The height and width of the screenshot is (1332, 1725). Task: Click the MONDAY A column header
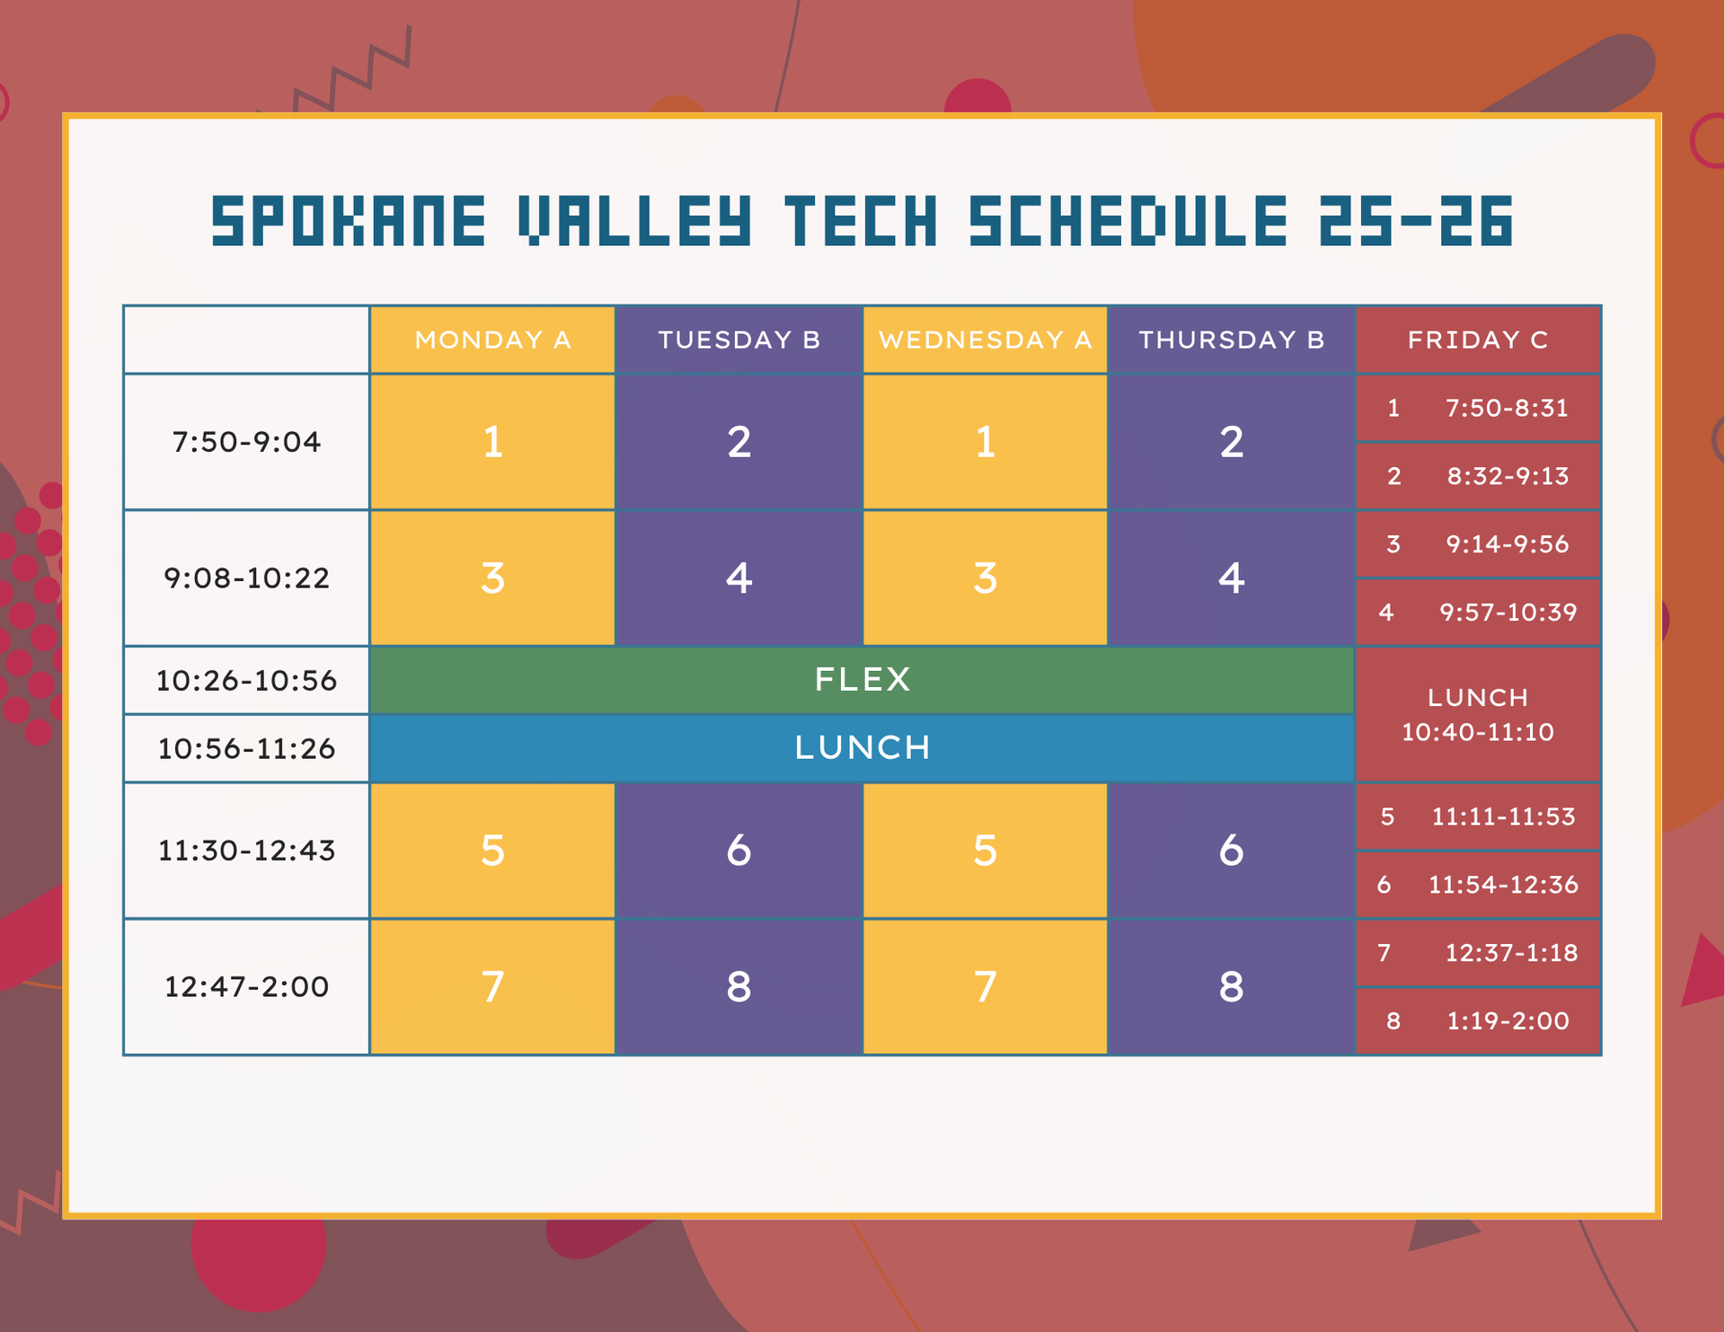(492, 340)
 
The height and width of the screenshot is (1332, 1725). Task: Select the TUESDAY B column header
(739, 340)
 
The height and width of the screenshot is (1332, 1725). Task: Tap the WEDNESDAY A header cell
(985, 340)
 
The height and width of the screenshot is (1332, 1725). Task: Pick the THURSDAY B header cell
(1231, 340)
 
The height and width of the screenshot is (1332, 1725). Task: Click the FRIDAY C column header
(1478, 340)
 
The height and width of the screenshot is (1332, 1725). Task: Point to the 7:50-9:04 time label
(246, 442)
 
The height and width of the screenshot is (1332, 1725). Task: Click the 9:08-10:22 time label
(246, 578)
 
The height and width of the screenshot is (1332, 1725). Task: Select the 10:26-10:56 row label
(246, 680)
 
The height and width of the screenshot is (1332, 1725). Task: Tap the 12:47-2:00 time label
(246, 986)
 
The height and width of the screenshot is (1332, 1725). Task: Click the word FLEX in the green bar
(862, 679)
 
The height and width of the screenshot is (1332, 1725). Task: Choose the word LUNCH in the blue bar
(862, 747)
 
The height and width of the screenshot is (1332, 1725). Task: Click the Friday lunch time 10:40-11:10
(1478, 732)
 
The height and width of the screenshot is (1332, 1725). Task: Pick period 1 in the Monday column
(492, 442)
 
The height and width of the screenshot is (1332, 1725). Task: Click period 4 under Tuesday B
(739, 578)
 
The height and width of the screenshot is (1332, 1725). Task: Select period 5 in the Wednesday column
(985, 850)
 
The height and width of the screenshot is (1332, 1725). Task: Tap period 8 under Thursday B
(1231, 986)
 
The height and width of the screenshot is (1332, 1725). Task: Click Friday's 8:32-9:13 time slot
(1508, 476)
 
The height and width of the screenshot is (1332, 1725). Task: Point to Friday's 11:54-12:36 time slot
(1503, 885)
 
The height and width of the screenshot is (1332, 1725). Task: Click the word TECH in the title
(861, 221)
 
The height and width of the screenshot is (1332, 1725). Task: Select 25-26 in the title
(1416, 221)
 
